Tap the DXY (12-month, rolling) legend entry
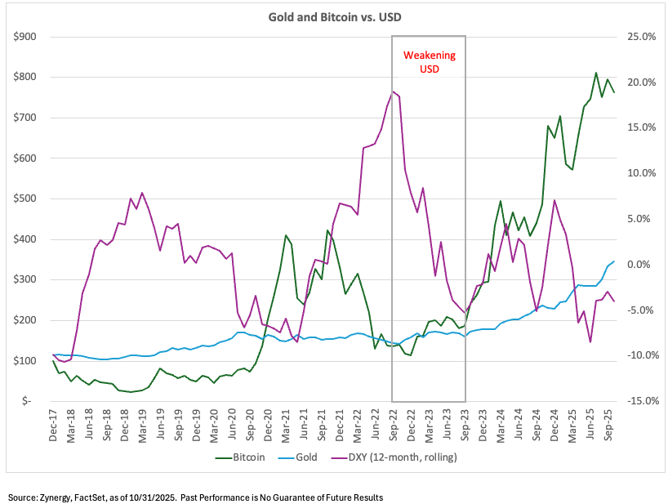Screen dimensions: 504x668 pyautogui.click(x=402, y=458)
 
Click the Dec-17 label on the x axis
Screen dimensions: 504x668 pyautogui.click(x=54, y=427)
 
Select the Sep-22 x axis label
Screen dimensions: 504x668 pyautogui.click(x=393, y=427)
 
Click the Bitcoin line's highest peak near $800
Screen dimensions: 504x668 pyautogui.click(x=596, y=73)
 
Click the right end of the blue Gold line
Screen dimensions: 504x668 pyautogui.click(x=614, y=261)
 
